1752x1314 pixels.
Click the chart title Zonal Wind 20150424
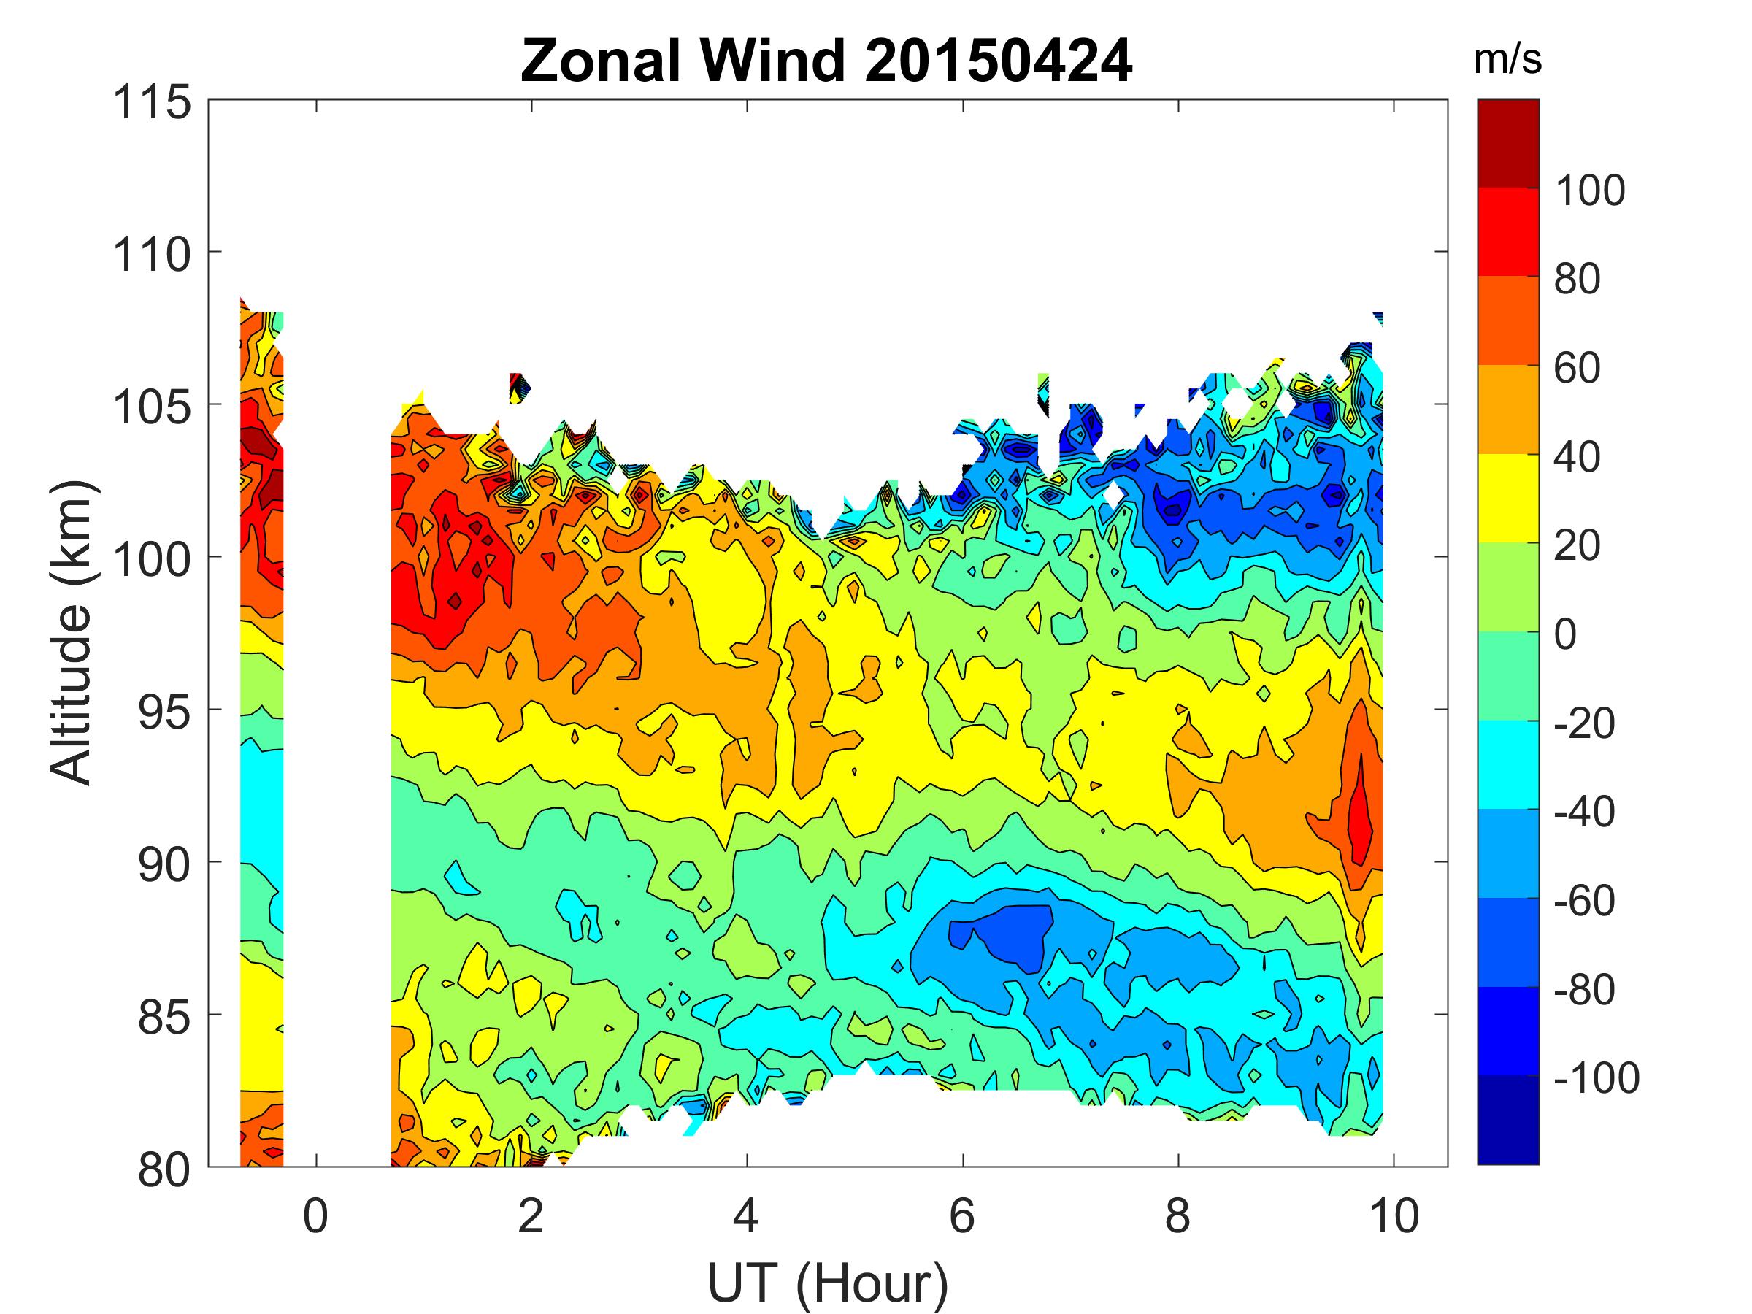pos(826,61)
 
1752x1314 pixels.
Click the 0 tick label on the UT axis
pos(315,1215)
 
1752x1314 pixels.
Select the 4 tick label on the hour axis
pos(746,1215)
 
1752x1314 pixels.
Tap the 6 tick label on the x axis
pos(961,1215)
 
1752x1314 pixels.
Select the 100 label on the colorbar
pos(1588,190)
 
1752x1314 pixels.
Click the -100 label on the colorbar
pos(1595,1078)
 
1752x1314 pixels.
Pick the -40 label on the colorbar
pos(1583,812)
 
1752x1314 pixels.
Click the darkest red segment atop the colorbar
pos(1507,142)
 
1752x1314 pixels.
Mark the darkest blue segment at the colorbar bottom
pos(1507,1119)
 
